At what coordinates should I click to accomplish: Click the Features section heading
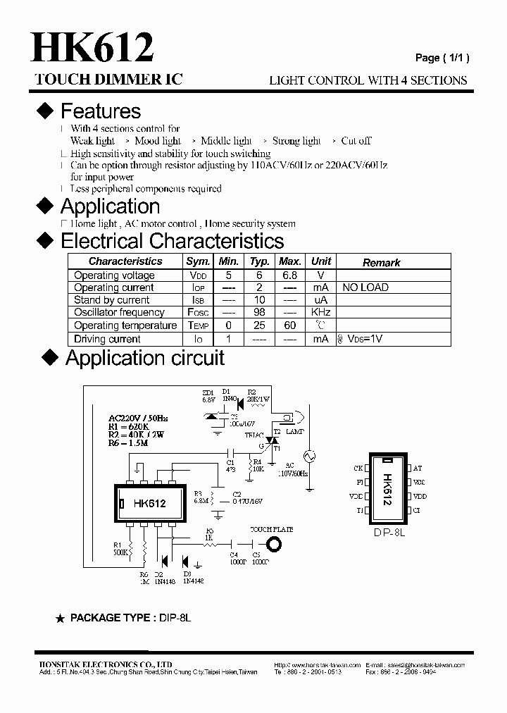(100, 111)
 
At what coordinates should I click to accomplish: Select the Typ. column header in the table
(260, 261)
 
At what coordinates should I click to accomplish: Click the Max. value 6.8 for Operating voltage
(290, 275)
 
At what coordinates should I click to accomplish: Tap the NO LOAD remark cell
(365, 287)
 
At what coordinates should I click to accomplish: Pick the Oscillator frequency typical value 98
(260, 312)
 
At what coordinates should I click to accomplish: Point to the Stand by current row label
(112, 300)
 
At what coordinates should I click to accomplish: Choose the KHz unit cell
(321, 312)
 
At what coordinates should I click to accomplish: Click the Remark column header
(381, 262)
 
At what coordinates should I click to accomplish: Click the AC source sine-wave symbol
(308, 456)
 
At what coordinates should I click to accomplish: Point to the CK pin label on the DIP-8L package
(358, 468)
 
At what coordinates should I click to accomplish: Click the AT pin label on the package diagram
(418, 468)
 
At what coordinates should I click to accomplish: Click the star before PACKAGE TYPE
(60, 618)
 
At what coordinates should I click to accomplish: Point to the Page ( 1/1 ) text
(442, 58)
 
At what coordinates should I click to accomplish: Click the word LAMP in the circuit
(296, 430)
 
